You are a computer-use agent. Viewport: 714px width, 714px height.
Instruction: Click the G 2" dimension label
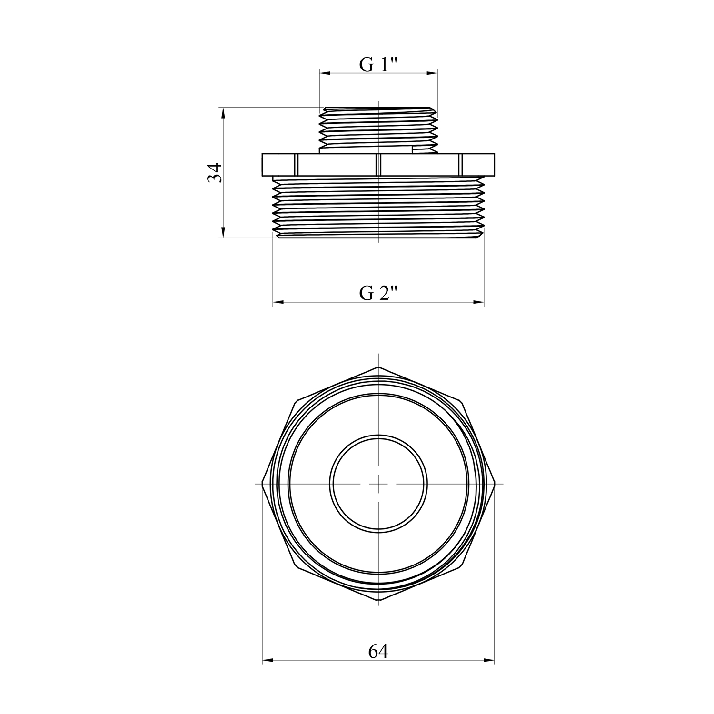(x=378, y=293)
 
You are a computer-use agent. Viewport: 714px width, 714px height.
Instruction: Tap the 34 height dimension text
(x=215, y=172)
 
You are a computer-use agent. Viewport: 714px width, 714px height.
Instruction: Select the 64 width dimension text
(x=378, y=652)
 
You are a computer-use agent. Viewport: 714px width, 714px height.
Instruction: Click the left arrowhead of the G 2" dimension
(x=278, y=302)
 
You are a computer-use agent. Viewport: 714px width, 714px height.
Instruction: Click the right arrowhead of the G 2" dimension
(x=478, y=302)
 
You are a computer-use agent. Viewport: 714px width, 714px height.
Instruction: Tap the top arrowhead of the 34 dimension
(x=222, y=113)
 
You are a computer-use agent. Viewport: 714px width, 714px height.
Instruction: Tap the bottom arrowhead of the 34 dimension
(x=222, y=232)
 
